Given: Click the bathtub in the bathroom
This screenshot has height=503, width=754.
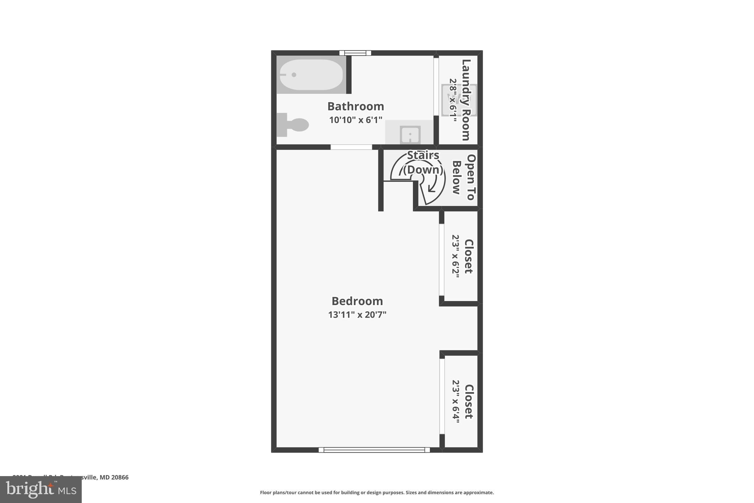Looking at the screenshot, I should (x=311, y=75).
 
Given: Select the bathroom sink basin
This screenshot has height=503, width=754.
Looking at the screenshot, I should (x=410, y=135).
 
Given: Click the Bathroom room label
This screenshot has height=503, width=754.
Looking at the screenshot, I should (x=355, y=106).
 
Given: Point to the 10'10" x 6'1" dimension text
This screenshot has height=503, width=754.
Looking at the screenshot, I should (x=355, y=120).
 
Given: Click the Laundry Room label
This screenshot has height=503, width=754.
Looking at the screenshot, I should (x=466, y=99).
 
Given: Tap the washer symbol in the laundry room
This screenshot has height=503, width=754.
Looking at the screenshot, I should (x=459, y=100).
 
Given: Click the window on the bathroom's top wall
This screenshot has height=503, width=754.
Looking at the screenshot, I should (x=355, y=53).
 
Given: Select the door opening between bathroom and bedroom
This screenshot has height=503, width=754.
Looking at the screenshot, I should (x=351, y=147).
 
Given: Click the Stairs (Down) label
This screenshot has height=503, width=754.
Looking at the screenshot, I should (x=423, y=163).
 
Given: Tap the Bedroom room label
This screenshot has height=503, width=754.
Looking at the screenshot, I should (x=357, y=301).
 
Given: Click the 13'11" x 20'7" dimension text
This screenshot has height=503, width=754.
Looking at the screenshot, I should (x=357, y=315).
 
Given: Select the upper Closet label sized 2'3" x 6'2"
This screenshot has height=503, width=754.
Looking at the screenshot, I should (x=468, y=256).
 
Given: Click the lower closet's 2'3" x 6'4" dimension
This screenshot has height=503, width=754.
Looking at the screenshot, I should (x=456, y=402).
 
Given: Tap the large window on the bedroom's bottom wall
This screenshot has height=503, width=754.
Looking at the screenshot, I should (x=374, y=450).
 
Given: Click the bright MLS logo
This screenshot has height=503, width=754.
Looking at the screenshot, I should (x=40, y=490).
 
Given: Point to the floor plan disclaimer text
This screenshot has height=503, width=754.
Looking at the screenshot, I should (x=377, y=493).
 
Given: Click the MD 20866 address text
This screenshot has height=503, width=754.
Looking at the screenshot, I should (x=114, y=477).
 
